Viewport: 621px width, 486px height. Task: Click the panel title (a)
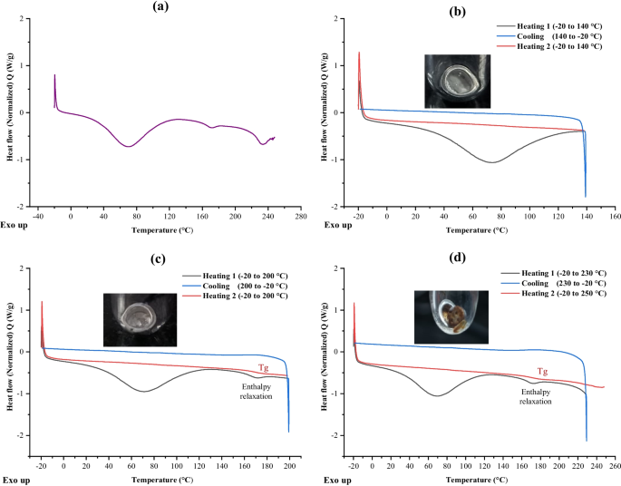point(160,6)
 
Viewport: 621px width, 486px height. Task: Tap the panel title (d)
point(458,258)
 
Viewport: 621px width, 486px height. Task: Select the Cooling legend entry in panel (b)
point(548,36)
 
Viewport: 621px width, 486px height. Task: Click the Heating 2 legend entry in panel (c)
point(235,296)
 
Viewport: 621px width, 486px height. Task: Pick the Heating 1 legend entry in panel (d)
point(553,273)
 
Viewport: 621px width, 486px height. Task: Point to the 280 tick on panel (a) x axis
point(301,217)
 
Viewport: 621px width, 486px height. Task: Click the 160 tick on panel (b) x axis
point(615,217)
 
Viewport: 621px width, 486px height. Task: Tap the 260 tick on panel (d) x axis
point(615,466)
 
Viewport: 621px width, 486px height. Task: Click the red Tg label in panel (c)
point(264,368)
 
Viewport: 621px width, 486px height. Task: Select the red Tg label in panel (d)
point(543,372)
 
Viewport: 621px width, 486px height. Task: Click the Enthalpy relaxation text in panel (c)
point(257,392)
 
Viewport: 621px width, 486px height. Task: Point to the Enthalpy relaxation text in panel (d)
point(536,396)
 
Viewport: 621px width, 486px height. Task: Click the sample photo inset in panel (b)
point(458,82)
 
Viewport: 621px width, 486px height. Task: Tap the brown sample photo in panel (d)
point(451,316)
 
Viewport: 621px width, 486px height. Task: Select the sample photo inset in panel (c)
point(140,320)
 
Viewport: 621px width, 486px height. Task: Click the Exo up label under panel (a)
point(15,225)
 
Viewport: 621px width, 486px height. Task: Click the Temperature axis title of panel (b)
point(477,230)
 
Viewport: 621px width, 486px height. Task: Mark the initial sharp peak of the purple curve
point(54,75)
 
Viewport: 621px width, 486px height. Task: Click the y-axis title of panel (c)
point(11,356)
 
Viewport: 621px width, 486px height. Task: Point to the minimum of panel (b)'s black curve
point(491,162)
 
